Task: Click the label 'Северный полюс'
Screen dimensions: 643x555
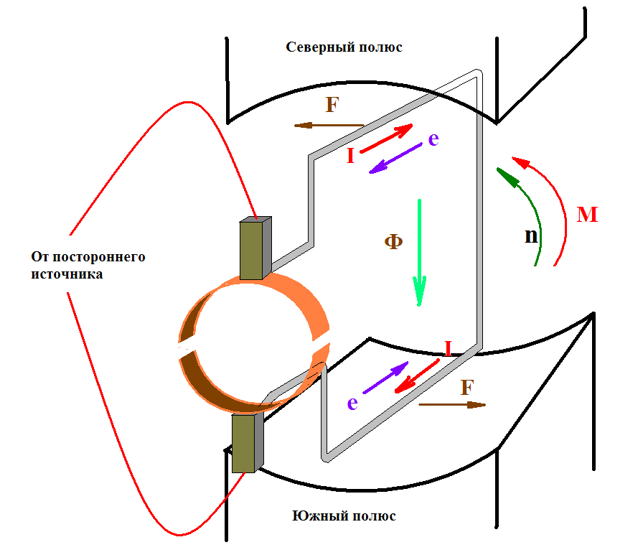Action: click(x=344, y=47)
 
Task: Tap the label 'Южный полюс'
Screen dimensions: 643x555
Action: click(x=344, y=516)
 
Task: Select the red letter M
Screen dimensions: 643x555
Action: click(x=587, y=215)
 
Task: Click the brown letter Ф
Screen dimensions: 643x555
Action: click(x=393, y=241)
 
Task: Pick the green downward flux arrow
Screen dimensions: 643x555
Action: click(x=419, y=253)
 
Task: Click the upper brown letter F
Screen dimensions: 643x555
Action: click(x=332, y=105)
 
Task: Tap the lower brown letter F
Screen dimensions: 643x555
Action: click(x=467, y=387)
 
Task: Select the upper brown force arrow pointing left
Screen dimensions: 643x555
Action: click(x=329, y=125)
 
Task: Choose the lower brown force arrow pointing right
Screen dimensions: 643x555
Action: click(x=452, y=405)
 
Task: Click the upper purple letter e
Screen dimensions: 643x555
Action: click(x=433, y=139)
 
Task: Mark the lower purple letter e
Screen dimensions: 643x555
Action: click(x=352, y=404)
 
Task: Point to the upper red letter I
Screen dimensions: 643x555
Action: click(x=350, y=156)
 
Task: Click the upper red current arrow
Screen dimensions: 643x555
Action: click(x=386, y=139)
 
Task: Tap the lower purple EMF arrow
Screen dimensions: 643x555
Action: click(x=385, y=378)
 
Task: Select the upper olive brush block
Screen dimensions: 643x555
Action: click(x=255, y=248)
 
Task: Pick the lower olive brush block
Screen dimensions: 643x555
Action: click(x=248, y=443)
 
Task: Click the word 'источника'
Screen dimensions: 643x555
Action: click(x=67, y=274)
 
